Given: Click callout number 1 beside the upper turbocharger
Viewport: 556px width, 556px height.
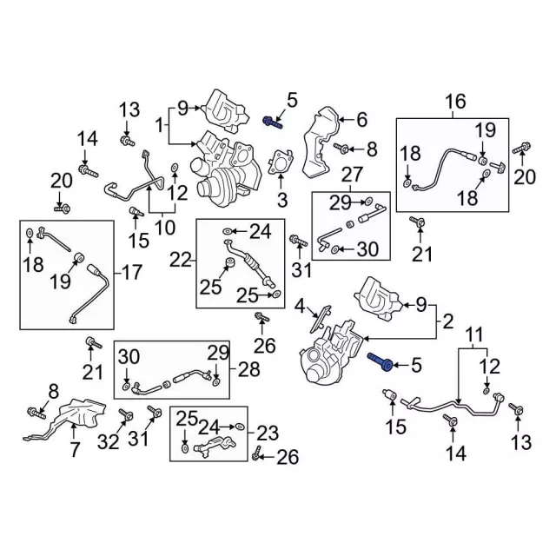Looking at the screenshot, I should coord(159,127).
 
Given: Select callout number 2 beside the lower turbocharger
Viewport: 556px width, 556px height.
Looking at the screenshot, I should coord(447,322).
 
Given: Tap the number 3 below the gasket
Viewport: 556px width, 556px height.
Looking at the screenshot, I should coord(281,201).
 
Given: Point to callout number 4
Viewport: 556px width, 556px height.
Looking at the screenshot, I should coord(300,306).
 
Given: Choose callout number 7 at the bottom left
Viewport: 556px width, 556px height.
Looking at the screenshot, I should coord(75,450).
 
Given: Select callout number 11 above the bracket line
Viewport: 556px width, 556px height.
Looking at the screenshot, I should coord(473,334).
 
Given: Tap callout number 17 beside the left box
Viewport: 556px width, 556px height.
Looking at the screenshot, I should coord(131,273).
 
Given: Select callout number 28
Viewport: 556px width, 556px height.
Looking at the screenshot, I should coord(248,369).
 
